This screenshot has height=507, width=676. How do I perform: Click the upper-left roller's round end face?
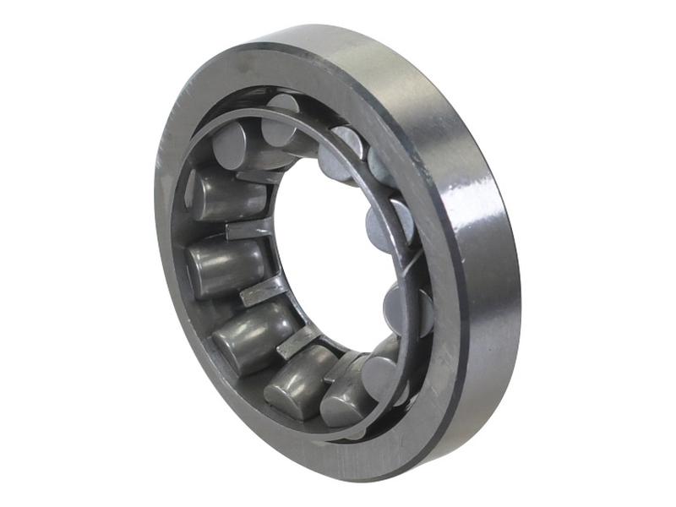click(229, 144)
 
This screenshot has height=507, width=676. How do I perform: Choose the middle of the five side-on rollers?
click(250, 335)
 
